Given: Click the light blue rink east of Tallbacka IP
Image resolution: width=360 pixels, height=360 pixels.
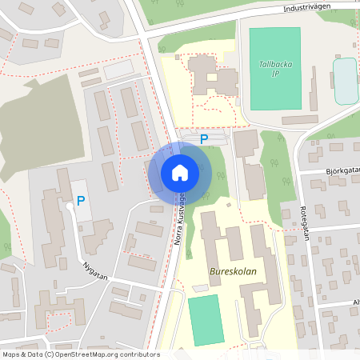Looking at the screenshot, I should [x=345, y=80].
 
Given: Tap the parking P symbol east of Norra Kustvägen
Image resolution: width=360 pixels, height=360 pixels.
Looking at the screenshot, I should [x=204, y=139].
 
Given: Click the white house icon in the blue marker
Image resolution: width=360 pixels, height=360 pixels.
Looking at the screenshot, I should [x=180, y=172].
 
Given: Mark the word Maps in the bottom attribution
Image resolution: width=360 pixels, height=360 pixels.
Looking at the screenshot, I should [x=11, y=354].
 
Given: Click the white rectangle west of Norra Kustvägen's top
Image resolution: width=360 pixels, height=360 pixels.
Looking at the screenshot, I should [x=118, y=70].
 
